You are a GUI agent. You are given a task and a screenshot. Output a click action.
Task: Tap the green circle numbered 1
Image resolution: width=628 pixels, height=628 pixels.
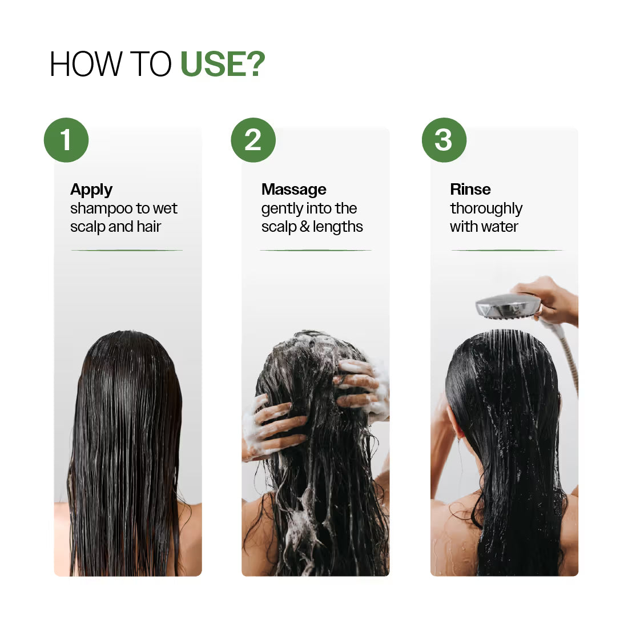(66, 140)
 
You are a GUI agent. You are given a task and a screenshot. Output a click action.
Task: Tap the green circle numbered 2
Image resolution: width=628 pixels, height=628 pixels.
(253, 140)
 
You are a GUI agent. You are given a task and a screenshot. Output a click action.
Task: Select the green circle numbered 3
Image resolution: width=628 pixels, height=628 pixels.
(444, 140)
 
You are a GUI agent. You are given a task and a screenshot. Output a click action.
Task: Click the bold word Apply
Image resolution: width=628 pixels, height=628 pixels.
(91, 190)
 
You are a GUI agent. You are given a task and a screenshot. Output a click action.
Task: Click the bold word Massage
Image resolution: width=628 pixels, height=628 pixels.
(293, 190)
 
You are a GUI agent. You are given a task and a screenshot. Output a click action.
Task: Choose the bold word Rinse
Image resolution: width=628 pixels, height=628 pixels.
(470, 190)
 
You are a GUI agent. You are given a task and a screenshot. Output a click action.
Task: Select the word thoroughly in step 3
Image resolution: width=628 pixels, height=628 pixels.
(486, 209)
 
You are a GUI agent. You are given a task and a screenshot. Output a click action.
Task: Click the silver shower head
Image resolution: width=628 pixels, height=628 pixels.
(507, 306)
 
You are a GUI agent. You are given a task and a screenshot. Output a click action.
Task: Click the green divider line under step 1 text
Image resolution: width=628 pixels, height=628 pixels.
(127, 250)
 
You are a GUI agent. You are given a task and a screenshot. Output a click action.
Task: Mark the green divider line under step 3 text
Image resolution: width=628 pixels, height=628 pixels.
(507, 250)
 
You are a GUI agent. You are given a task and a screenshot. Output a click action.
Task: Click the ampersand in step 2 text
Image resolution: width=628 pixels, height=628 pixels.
(304, 227)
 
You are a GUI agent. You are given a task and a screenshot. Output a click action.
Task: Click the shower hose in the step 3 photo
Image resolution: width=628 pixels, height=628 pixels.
(570, 360)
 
